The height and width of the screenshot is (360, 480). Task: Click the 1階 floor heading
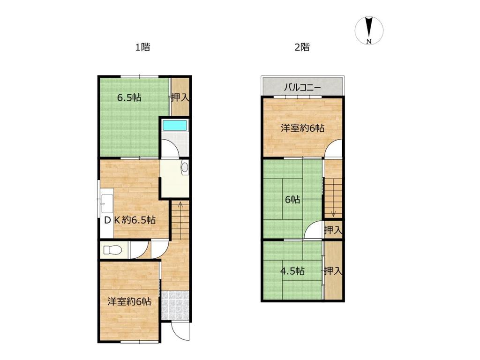(x=142, y=47)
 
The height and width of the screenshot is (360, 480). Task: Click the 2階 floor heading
(x=302, y=47)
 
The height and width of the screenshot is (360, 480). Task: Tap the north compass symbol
(x=369, y=30)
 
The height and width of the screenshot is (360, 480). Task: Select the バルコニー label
(x=302, y=88)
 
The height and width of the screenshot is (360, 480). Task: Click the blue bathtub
(x=175, y=126)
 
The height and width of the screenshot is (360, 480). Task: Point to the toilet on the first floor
(x=111, y=250)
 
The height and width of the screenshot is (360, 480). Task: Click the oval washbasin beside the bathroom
(x=185, y=167)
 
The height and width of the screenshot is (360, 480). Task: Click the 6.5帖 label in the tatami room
(x=129, y=98)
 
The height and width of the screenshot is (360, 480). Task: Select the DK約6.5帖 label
(x=130, y=220)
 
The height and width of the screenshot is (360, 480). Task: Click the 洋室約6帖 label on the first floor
(x=129, y=301)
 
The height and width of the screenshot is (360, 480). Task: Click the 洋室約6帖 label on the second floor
(x=303, y=128)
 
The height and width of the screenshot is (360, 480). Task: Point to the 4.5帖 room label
(x=292, y=271)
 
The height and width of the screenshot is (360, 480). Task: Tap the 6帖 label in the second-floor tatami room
(x=292, y=200)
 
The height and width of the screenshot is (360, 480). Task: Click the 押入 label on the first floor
(x=180, y=97)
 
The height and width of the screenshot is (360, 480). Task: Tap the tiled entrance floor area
(x=175, y=306)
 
